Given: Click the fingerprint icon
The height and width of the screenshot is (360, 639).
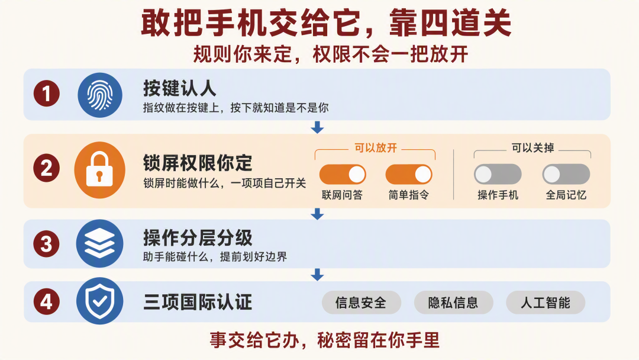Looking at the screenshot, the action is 100,95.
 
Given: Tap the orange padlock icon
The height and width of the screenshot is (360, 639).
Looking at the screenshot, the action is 100,170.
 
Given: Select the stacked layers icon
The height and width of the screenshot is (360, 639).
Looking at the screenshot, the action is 100,244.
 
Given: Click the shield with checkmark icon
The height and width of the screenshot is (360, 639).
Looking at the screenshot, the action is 100,301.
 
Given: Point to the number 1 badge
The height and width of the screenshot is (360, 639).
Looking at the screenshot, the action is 47,94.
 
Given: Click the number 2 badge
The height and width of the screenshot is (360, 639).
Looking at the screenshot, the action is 47,168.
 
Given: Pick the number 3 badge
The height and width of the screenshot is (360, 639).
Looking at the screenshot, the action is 47,244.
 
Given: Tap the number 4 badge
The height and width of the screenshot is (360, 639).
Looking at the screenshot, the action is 47,302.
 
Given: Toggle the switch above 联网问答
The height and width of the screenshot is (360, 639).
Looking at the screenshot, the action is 343,175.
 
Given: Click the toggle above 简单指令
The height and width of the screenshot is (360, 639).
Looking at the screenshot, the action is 409,175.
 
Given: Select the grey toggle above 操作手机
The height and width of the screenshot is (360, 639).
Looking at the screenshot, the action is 498,175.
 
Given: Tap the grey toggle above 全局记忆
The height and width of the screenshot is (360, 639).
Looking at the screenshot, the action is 566,175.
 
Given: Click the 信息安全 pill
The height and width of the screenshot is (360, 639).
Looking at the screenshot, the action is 362,303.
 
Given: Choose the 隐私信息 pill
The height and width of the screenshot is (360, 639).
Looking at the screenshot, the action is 454,303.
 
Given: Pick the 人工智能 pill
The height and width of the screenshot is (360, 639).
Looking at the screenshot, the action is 546,303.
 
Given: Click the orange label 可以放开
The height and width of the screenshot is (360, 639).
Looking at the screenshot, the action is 375,147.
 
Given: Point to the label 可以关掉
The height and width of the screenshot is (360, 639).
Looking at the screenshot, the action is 532,147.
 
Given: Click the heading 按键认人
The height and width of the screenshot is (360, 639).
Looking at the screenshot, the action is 179,88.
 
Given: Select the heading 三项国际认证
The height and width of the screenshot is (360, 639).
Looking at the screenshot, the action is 198,303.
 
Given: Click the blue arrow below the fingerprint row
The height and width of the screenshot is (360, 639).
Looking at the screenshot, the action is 317,127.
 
